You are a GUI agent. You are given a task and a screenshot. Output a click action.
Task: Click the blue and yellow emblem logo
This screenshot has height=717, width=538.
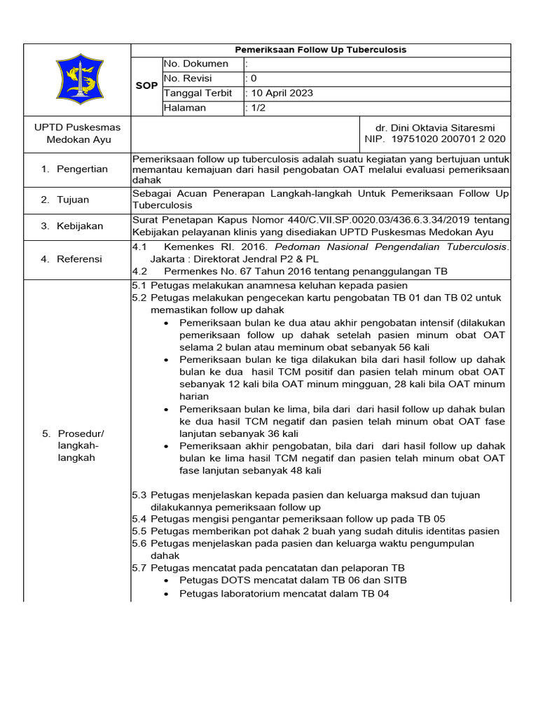(77, 79)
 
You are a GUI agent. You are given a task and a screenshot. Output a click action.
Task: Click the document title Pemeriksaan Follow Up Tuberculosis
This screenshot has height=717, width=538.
(321, 50)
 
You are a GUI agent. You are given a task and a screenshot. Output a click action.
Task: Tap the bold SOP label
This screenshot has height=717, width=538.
(146, 85)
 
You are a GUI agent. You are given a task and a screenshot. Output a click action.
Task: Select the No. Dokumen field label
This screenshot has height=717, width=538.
(195, 64)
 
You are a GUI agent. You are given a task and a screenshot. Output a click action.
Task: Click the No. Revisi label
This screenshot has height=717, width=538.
(187, 78)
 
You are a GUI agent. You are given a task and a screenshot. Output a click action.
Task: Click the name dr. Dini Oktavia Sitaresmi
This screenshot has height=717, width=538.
(435, 127)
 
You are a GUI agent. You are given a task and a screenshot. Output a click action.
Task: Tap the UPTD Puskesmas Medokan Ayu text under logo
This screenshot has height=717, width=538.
(78, 133)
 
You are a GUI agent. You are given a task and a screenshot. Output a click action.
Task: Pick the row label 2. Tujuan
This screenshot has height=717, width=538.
(64, 200)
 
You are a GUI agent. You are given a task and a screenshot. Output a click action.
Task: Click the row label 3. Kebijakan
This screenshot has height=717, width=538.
(71, 226)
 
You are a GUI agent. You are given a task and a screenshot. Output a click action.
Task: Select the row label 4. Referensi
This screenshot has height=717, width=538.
(71, 259)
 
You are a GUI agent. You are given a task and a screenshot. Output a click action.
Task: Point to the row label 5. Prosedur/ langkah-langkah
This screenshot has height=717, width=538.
(69, 445)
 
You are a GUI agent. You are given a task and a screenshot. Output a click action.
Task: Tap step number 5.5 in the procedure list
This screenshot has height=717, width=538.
(139, 531)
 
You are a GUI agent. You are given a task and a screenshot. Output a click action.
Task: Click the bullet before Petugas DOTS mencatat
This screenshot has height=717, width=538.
(165, 580)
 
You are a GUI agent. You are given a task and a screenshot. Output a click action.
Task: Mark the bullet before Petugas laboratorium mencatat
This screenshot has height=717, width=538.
(165, 594)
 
